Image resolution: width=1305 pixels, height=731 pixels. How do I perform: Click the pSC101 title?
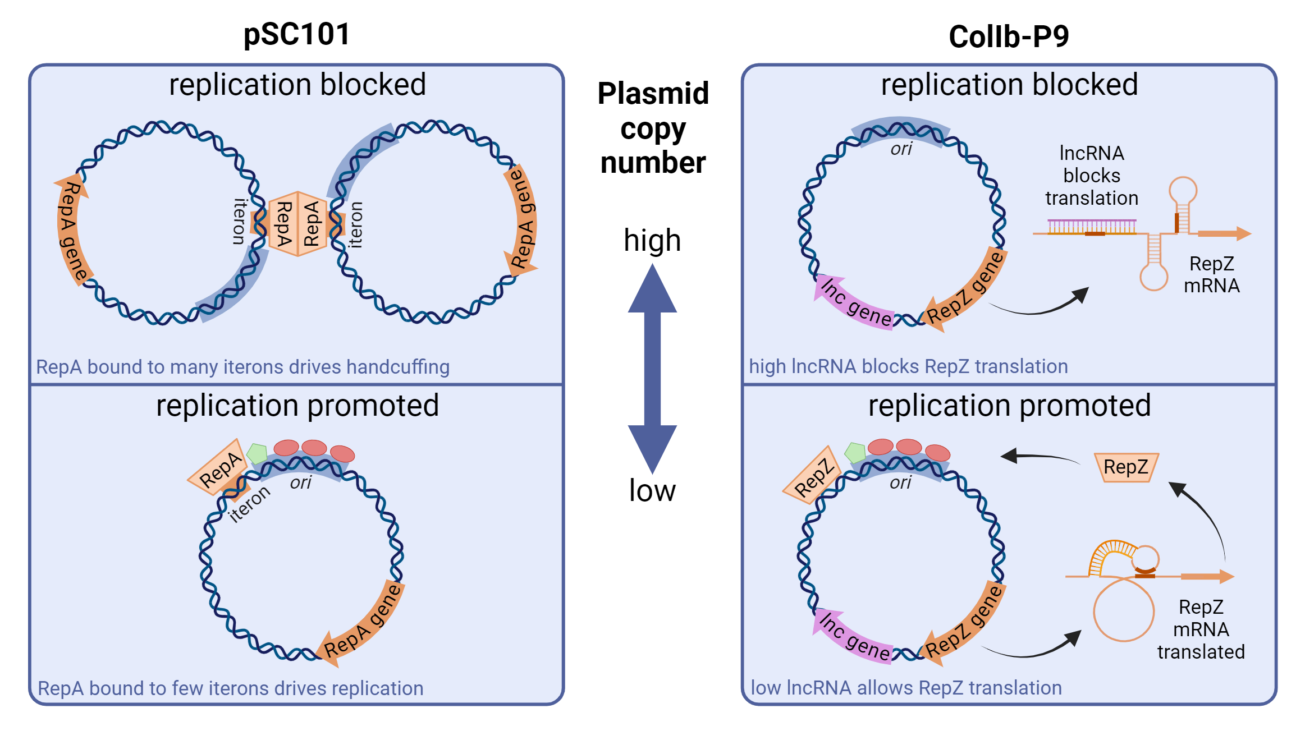[296, 34]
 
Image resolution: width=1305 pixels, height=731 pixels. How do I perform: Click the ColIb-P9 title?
[1009, 37]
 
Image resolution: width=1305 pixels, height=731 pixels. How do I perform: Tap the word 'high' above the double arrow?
[652, 241]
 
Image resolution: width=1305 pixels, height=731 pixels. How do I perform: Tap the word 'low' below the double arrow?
[652, 490]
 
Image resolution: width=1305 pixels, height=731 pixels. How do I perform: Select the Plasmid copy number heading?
[653, 128]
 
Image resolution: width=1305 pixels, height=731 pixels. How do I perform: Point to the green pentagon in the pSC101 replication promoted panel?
[257, 453]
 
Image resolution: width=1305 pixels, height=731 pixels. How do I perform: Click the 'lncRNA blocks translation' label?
[1091, 176]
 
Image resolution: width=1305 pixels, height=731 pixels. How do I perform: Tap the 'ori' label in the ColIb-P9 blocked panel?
[901, 149]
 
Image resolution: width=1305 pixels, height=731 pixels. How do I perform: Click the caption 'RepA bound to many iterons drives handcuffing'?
[242, 367]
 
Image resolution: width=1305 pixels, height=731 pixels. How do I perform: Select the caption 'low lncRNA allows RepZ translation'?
[906, 688]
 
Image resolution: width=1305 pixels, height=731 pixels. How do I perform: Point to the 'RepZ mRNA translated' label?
[1201, 629]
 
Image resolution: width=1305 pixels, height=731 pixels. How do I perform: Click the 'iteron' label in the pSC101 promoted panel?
[250, 504]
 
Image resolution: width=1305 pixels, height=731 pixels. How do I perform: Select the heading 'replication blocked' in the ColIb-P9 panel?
[1009, 85]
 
